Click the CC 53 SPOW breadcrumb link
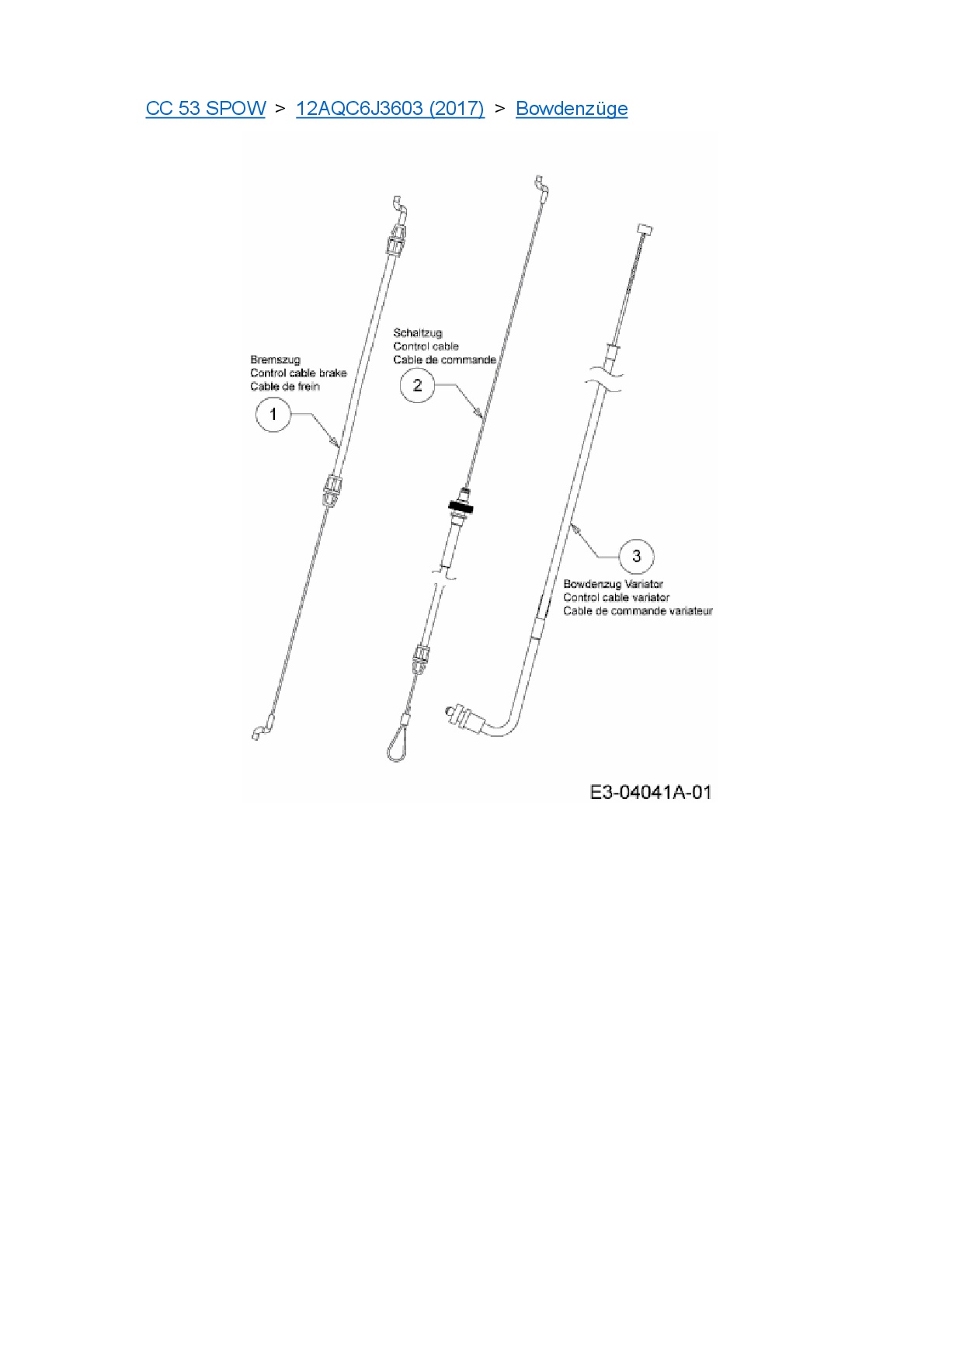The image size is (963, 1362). (x=205, y=109)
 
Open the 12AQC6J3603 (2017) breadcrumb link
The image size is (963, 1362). (x=390, y=109)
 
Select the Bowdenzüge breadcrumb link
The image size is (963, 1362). (x=572, y=109)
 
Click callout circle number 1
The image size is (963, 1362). (x=273, y=415)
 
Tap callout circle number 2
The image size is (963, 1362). (x=417, y=385)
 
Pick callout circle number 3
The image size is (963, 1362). (x=637, y=556)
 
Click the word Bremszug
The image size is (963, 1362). (x=275, y=360)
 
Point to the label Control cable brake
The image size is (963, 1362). (x=298, y=373)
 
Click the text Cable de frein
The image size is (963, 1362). (x=284, y=386)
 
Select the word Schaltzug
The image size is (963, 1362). (x=418, y=332)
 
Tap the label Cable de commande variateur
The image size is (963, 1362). (x=638, y=611)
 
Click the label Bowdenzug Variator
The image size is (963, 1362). (x=613, y=584)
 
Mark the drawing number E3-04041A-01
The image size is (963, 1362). (x=651, y=792)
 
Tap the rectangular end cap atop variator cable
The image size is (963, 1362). (x=645, y=229)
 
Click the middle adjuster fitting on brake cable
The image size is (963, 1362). (x=332, y=490)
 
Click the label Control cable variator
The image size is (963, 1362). (x=616, y=597)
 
